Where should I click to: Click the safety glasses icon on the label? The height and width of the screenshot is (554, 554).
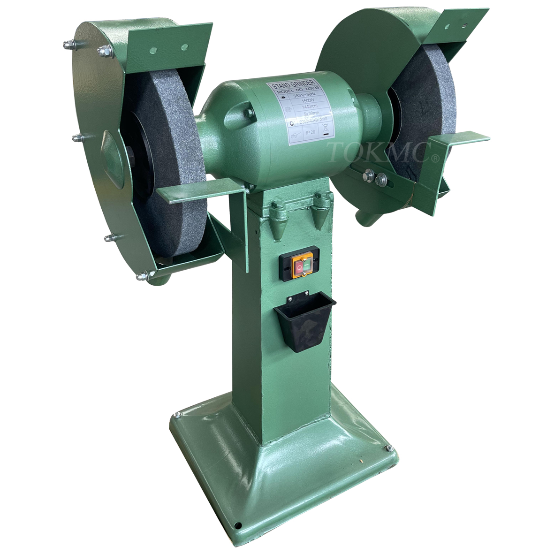click(x=295, y=136)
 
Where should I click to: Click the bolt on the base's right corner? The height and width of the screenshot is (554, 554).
click(x=389, y=448)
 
